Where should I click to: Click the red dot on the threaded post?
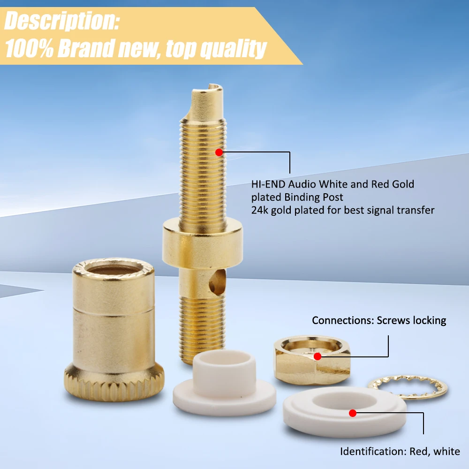coord(219,152)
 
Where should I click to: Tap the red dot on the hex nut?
coord(318,356)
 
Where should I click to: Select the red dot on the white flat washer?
coord(353,413)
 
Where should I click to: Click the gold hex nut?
coord(312,360)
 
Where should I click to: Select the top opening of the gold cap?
coord(113,269)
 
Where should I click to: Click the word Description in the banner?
coord(61,21)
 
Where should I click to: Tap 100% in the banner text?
coord(29,48)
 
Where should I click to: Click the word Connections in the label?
coord(343,320)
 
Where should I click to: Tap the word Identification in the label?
coord(373,451)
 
